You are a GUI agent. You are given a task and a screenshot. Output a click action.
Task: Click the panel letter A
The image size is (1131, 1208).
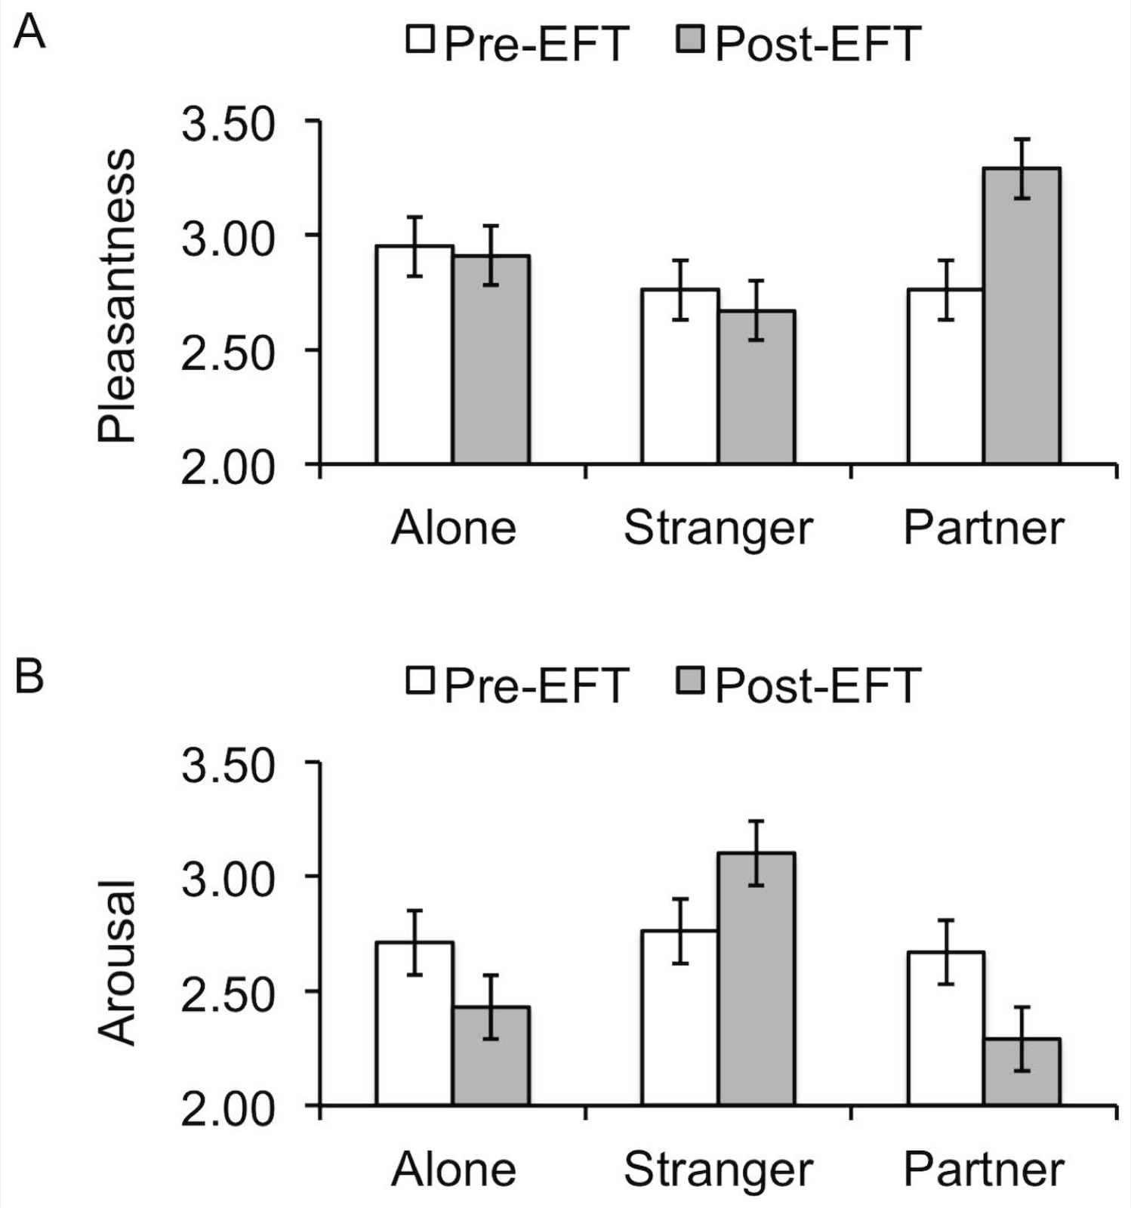(29, 33)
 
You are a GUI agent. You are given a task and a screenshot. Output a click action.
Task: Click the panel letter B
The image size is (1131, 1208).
(29, 676)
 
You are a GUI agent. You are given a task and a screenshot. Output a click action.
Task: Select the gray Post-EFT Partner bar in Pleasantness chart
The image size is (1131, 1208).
(1022, 315)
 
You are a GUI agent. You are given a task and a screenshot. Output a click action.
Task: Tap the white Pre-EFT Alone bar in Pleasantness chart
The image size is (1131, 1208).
(414, 354)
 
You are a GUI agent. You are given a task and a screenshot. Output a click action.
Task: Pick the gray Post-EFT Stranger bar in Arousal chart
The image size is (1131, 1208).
(756, 979)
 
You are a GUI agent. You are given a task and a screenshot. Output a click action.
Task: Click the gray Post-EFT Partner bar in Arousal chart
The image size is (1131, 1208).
(1022, 1072)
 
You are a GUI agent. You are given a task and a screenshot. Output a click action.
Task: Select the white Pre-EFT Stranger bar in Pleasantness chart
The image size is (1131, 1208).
(680, 376)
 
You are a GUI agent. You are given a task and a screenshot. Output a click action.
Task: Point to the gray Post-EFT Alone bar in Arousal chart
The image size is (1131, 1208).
(491, 1056)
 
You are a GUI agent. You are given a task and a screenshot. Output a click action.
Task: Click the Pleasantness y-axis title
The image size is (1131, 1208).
(117, 295)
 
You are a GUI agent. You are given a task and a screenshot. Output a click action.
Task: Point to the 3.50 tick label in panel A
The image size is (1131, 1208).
(227, 125)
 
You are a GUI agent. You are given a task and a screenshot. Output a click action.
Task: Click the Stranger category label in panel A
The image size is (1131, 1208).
(718, 528)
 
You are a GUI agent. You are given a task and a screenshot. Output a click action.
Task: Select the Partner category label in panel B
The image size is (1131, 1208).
(984, 1169)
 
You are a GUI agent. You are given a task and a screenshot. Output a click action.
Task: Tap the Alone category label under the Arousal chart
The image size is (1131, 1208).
(454, 1169)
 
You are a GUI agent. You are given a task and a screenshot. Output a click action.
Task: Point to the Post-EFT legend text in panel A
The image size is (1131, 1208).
(818, 44)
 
